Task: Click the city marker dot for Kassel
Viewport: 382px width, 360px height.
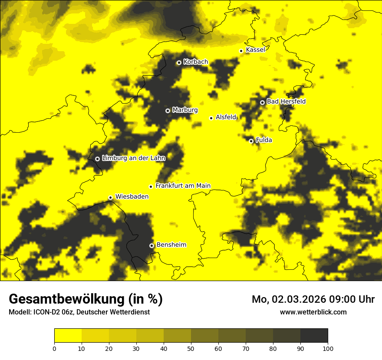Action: pos(241,51)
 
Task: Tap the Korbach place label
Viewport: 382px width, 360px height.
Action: pos(195,62)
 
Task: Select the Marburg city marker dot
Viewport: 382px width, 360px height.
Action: pos(168,111)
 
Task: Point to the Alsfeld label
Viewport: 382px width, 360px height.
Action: pos(226,117)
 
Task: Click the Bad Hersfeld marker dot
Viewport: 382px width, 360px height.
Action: pos(262,102)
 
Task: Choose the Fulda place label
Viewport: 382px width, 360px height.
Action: pos(264,140)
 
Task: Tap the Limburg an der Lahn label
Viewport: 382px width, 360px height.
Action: pos(133,158)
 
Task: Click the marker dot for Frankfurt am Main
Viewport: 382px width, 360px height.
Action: pos(151,187)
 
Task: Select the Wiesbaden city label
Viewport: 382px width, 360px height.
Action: pos(132,196)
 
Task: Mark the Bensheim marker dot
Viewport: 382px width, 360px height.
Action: pos(151,245)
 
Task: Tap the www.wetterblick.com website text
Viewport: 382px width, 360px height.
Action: pos(313,312)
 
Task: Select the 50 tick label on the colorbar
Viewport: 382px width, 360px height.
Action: pos(191,348)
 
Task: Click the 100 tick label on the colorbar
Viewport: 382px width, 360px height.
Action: pos(327,348)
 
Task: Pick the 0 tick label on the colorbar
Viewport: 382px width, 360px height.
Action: pos(54,348)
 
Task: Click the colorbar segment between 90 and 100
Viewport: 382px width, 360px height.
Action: pos(314,335)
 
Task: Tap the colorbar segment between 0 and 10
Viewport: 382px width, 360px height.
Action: pos(68,335)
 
